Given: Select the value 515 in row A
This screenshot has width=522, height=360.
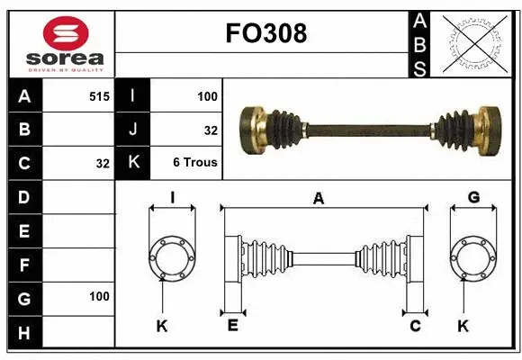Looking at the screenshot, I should [x=99, y=95].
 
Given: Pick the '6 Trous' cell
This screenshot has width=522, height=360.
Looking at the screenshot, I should [x=195, y=164].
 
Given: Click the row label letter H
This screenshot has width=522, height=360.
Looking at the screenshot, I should [x=24, y=332].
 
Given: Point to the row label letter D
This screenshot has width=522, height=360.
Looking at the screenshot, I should [x=24, y=197].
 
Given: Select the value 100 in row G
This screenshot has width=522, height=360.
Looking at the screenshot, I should [x=99, y=296].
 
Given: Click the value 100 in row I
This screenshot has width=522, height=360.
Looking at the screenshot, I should [x=208, y=95].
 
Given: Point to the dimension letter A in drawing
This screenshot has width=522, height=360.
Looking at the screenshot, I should [x=318, y=199].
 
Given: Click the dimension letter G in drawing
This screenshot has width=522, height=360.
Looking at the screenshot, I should [x=473, y=198].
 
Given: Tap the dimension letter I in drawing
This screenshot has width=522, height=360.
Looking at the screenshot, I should [x=171, y=198].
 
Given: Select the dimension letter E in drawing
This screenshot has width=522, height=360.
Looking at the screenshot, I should [x=231, y=326].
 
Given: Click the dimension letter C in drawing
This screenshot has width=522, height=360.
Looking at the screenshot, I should [x=415, y=326].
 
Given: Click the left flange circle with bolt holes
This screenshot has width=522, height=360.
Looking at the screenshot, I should [x=171, y=257].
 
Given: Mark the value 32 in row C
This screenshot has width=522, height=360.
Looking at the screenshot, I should [x=102, y=164].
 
